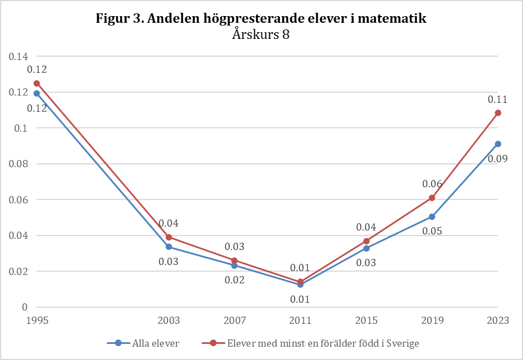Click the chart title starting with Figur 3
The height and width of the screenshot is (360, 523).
pyautogui.click(x=261, y=18)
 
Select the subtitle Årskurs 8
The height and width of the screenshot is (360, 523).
pyautogui.click(x=261, y=34)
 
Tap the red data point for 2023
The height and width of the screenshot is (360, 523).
pyautogui.click(x=498, y=113)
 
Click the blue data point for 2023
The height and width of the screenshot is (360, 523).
pyautogui.click(x=498, y=144)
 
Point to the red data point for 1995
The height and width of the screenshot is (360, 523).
pyautogui.click(x=37, y=83)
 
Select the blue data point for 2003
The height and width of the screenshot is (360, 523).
pyautogui.click(x=168, y=247)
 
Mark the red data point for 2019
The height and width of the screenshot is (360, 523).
pyautogui.click(x=432, y=198)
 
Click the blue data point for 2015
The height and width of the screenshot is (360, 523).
pyautogui.click(x=366, y=248)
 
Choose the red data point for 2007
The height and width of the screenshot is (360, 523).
pyautogui.click(x=234, y=261)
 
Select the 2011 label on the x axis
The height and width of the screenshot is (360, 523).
pyautogui.click(x=300, y=321)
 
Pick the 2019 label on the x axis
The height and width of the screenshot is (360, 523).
pyautogui.click(x=432, y=321)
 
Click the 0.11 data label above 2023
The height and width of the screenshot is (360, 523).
pyautogui.click(x=498, y=99)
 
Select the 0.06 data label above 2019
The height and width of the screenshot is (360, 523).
pyautogui.click(x=432, y=184)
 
